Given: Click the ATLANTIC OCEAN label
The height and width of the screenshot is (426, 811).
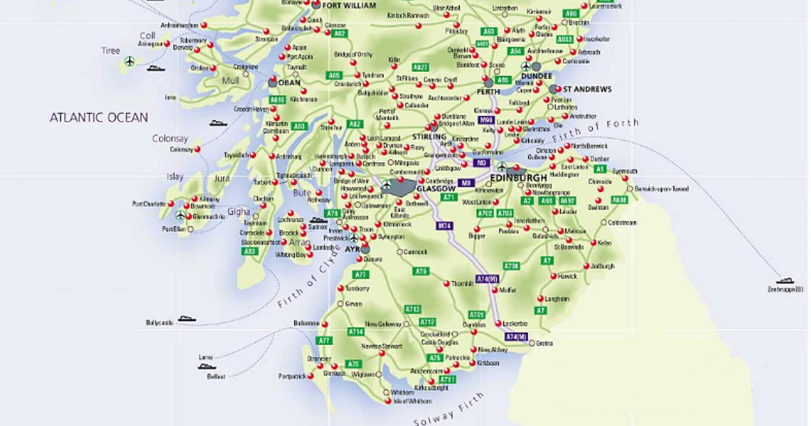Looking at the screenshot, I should [x=99, y=118].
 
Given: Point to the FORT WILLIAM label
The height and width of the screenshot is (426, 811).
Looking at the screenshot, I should [x=349, y=5].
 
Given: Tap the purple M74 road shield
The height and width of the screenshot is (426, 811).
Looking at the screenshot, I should [x=443, y=226].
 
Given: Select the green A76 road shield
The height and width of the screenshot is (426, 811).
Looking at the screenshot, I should [x=421, y=271].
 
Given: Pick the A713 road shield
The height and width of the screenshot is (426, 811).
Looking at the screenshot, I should [x=412, y=309].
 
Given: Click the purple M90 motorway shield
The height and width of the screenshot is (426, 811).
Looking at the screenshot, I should [x=486, y=120].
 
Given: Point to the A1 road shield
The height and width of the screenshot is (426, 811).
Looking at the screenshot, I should [x=599, y=168].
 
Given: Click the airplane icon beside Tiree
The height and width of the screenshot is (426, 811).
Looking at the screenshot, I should [x=129, y=62].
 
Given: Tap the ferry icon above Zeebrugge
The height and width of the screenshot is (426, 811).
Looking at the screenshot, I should [x=785, y=280].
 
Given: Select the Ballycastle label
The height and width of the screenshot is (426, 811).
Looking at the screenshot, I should [x=159, y=323].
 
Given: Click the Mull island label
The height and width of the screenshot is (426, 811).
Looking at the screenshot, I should [x=231, y=81].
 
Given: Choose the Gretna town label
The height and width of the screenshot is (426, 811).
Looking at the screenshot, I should [x=544, y=344].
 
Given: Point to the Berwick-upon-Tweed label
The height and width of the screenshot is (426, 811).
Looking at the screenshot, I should [x=662, y=189].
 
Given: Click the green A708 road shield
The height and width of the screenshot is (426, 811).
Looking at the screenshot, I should [x=511, y=266].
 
